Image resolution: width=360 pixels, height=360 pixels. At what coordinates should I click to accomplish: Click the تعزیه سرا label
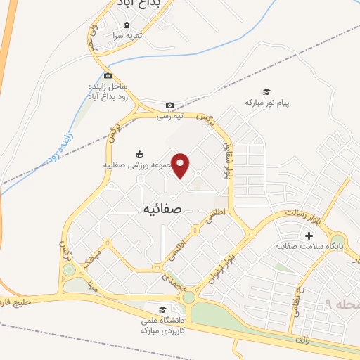[x=129, y=34]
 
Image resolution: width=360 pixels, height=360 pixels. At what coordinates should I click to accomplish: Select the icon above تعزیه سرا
[x=127, y=25]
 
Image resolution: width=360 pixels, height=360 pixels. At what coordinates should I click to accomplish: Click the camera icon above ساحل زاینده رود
[x=107, y=76]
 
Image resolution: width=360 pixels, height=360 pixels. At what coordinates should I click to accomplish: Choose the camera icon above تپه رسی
[x=169, y=105]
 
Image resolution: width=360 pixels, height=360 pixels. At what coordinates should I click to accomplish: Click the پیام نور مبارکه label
[x=267, y=103]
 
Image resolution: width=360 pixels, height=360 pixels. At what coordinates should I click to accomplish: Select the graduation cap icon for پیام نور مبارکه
[x=266, y=92]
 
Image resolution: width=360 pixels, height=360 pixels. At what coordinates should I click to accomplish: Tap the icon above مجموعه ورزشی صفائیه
[x=139, y=155]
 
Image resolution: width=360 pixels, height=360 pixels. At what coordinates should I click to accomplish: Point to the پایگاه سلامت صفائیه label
[x=309, y=246]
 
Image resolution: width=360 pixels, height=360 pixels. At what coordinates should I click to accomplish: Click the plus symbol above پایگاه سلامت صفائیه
[x=308, y=235]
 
